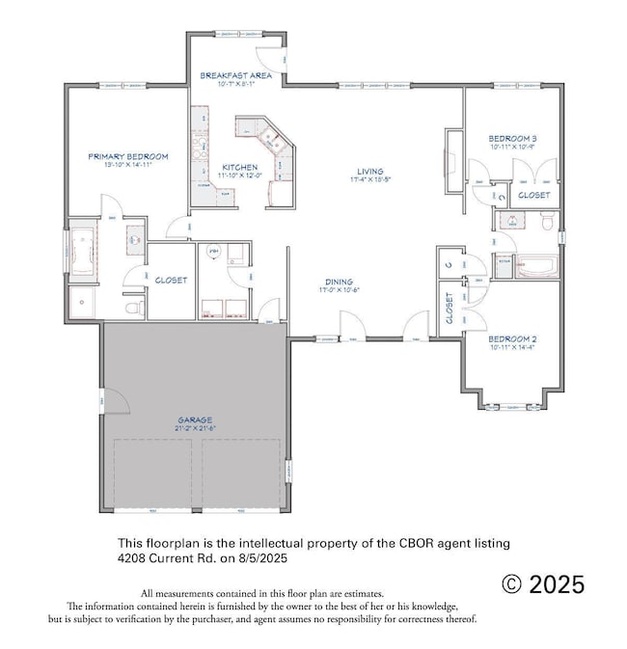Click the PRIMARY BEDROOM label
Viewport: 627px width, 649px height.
pos(128,156)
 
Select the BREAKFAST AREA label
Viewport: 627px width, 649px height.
pos(234,74)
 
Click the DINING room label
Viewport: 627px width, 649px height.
pos(338,282)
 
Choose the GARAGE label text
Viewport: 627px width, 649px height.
pos(196,420)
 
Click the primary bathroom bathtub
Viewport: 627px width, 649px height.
pos(82,249)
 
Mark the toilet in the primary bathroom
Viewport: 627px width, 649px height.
pos(134,307)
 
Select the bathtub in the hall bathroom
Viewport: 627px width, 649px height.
pos(525,265)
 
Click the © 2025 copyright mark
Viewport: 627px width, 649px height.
pos(543,584)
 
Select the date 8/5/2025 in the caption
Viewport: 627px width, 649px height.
pos(256,558)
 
